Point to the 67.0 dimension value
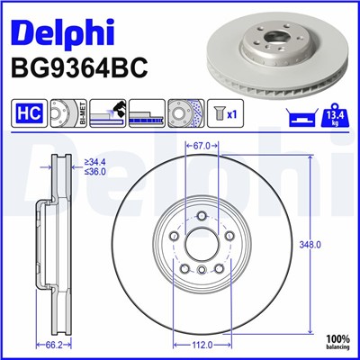click(201, 143)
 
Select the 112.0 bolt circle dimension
click(201, 343)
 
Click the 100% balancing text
click(337, 339)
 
